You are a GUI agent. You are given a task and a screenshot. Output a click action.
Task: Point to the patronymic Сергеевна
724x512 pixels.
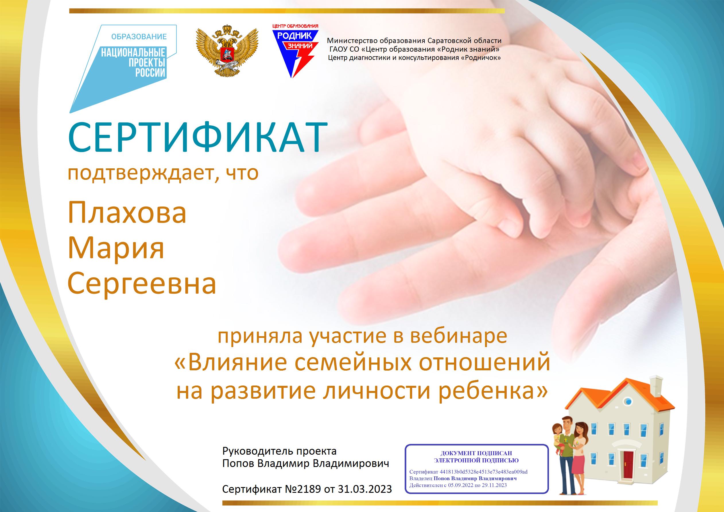(142, 283)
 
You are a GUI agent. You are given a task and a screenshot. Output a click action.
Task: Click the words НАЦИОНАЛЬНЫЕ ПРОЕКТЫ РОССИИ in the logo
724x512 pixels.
(133, 63)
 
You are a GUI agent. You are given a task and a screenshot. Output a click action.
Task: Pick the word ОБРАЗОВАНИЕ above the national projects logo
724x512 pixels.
(139, 37)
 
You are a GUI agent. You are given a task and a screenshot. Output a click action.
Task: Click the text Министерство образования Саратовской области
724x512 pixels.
(414, 41)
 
